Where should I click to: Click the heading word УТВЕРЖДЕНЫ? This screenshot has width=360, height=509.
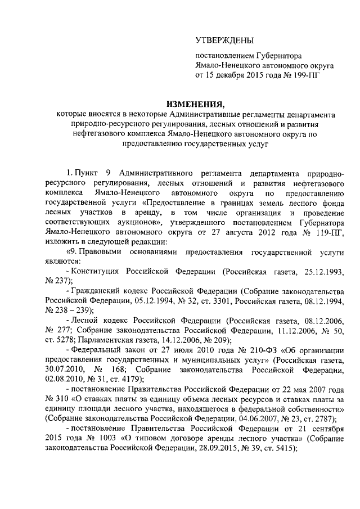click(224, 40)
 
